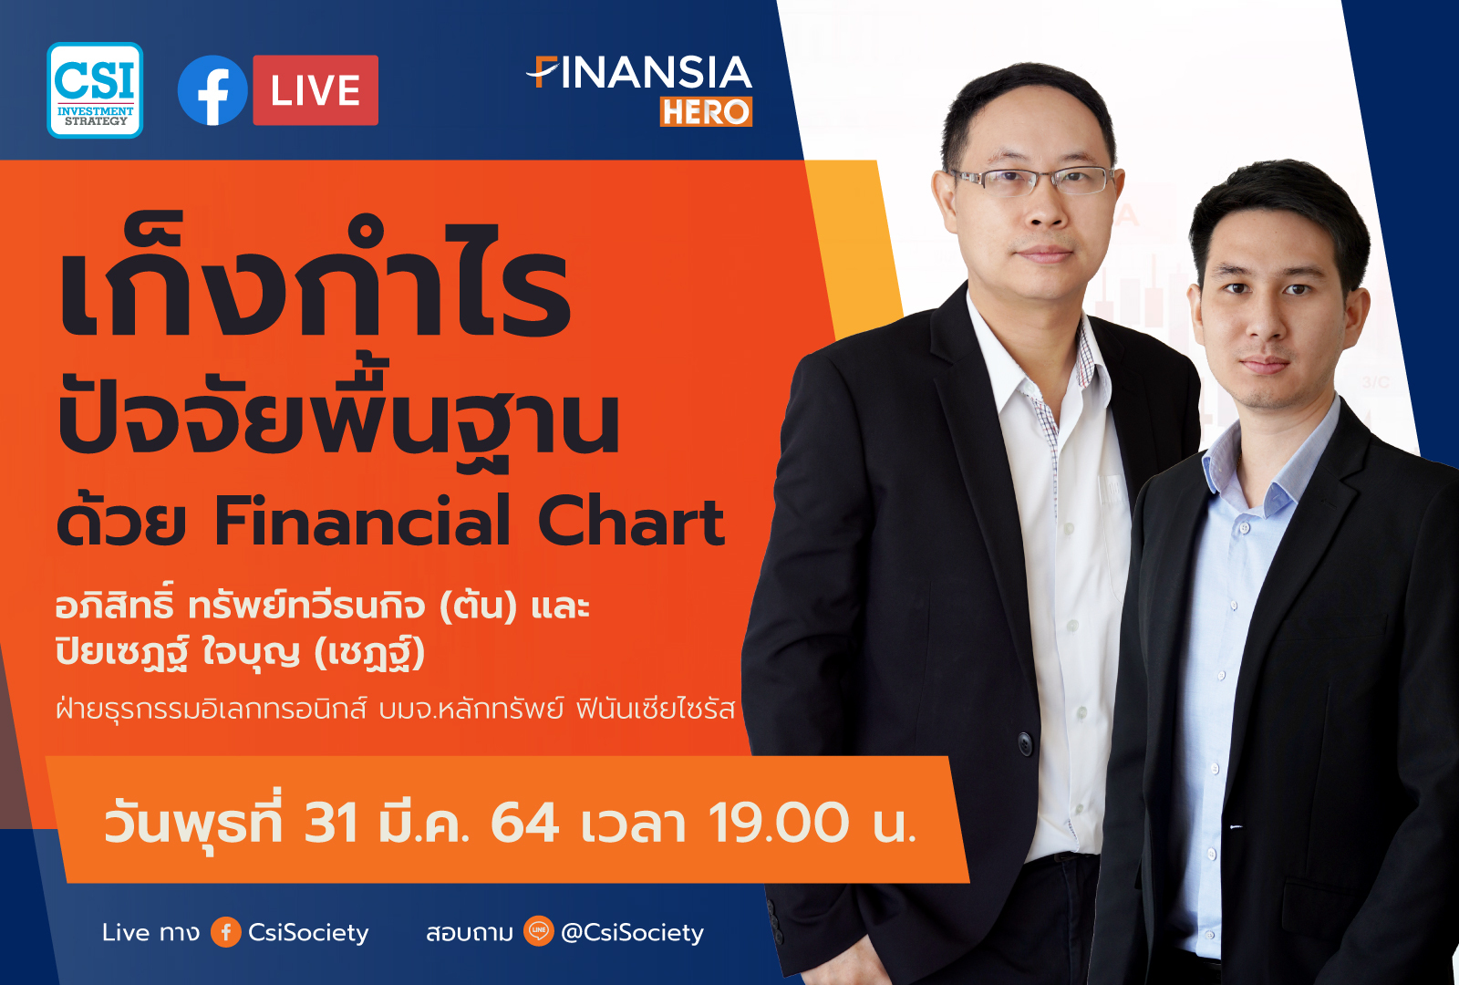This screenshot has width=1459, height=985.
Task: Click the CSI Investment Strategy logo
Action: pos(95,89)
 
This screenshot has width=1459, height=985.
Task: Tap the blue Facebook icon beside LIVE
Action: pos(212,90)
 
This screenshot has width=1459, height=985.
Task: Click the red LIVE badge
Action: pos(316,90)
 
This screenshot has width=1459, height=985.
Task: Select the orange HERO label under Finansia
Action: pos(706,111)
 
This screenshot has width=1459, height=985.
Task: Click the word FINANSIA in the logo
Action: pos(641,73)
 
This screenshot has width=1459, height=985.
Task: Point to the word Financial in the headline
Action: pos(362,523)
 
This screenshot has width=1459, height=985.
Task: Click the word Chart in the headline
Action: pos(631,523)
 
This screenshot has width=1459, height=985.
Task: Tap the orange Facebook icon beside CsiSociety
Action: pos(225,931)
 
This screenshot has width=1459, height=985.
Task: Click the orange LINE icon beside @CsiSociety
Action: pos(539,931)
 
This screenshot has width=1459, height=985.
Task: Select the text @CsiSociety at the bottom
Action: pos(632,932)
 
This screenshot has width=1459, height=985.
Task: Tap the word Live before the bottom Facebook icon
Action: pos(126,932)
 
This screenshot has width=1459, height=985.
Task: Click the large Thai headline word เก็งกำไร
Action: pos(315,283)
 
